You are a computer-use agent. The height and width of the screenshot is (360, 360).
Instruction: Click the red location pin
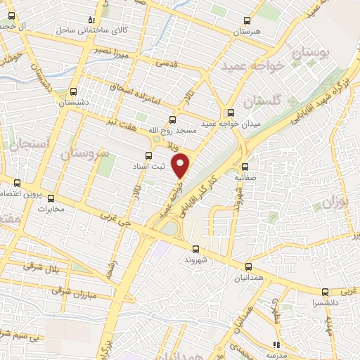[x=181, y=165]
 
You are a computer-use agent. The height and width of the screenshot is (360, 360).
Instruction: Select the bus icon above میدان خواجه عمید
[x=230, y=112]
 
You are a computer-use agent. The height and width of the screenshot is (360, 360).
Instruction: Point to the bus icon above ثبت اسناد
[x=148, y=155]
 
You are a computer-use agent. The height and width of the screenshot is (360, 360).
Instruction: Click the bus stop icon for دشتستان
[x=74, y=91]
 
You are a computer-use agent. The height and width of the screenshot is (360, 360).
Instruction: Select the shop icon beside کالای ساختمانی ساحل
[x=89, y=20]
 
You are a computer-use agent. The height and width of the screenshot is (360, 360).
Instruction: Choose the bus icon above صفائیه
[x=245, y=167]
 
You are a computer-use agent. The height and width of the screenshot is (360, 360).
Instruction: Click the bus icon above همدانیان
[x=247, y=266]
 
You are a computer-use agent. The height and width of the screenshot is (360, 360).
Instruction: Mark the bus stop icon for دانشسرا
[x=324, y=292]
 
